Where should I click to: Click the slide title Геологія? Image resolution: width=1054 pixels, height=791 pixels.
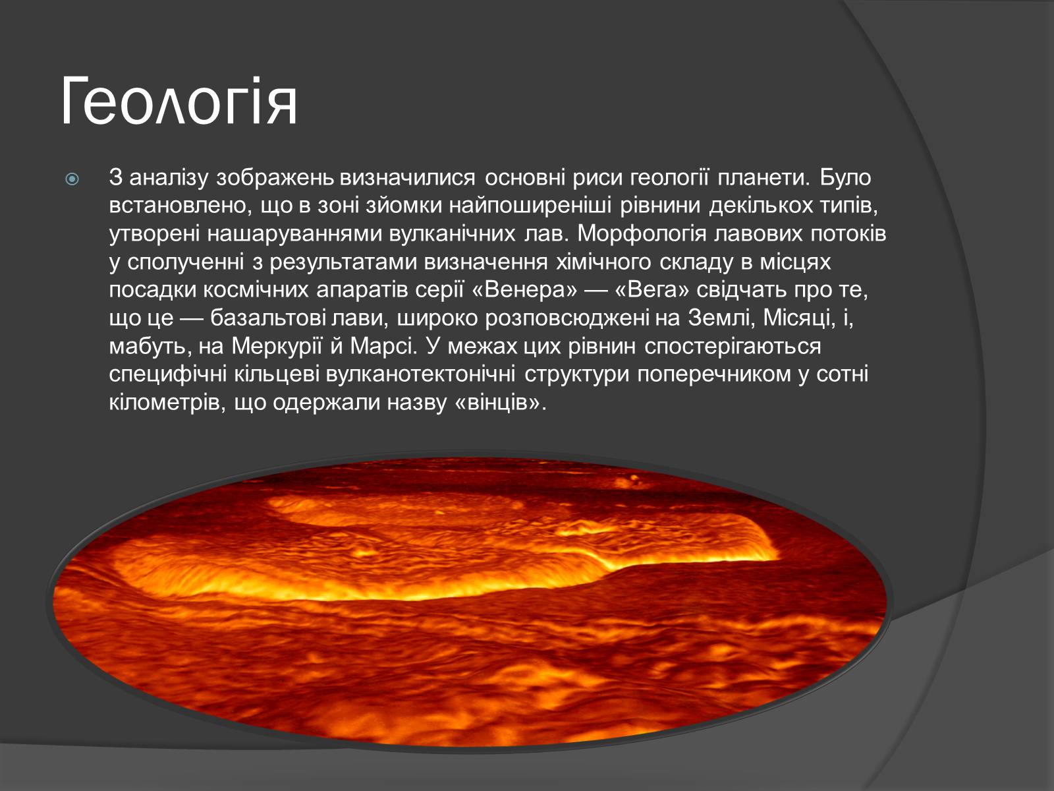tap(179, 102)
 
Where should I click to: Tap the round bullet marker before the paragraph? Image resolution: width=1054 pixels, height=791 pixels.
tap(72, 179)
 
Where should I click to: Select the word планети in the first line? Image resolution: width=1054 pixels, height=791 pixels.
tap(763, 178)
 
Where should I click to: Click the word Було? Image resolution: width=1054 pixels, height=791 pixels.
tap(845, 178)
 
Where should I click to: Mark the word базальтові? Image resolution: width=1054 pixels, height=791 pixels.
tap(270, 318)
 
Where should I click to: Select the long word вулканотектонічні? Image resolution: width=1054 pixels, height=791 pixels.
tap(421, 374)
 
